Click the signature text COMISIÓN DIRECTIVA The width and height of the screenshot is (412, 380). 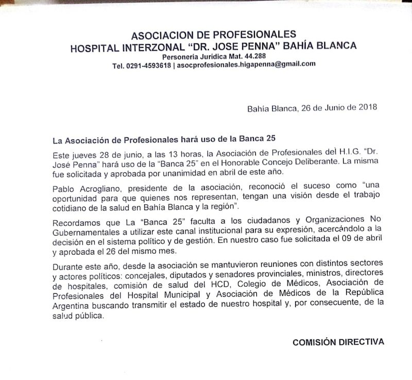pyautogui.click(x=338, y=341)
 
